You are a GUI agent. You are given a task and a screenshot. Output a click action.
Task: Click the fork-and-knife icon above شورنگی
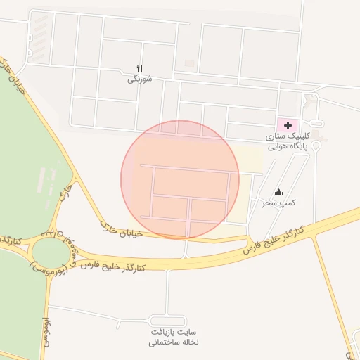139,67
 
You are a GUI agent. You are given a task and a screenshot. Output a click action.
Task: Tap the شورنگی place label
139,79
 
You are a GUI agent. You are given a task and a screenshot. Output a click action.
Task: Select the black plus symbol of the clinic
286,124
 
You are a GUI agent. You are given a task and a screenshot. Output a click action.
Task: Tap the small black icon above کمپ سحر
278,192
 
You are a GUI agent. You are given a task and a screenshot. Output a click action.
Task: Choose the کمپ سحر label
278,202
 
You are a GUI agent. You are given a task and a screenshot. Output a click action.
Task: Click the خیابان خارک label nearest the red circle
122,230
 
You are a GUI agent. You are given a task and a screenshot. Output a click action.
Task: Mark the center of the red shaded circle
180,179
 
